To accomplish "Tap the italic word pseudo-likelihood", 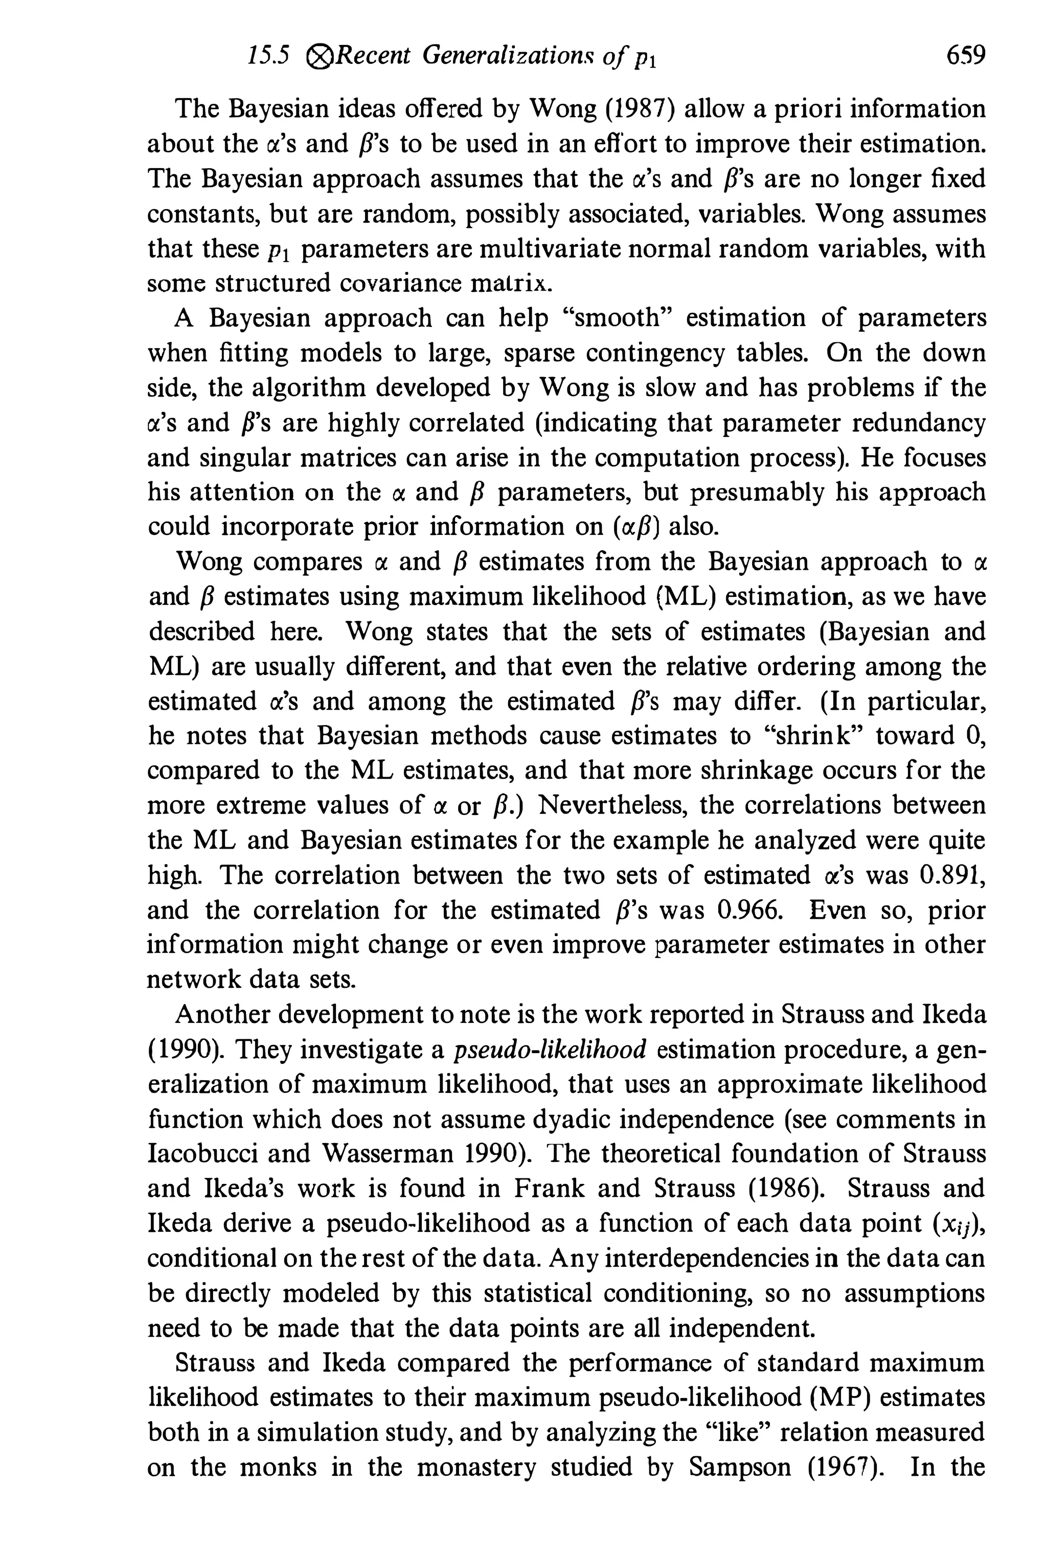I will pos(550,1049).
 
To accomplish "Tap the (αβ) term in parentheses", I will pos(636,527).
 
